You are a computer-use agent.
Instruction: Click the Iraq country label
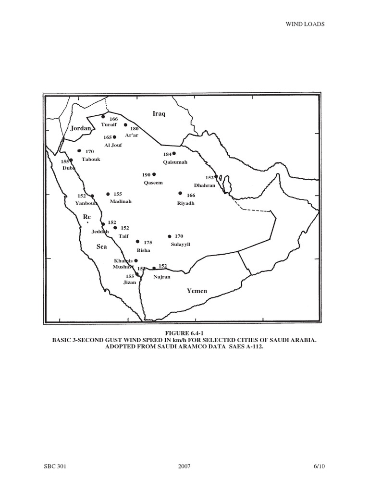[x=159, y=114]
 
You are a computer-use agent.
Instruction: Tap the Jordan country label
[x=80, y=128]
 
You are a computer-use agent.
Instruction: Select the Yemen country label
[x=197, y=291]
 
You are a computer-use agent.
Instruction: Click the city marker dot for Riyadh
[x=180, y=193]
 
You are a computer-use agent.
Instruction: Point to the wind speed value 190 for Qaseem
[x=146, y=175]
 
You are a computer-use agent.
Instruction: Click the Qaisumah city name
[x=174, y=162]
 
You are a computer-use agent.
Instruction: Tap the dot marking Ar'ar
[x=125, y=125]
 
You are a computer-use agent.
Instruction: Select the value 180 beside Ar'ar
[x=134, y=129]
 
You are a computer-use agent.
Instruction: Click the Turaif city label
[x=109, y=124]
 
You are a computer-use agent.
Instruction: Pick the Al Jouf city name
[x=113, y=145]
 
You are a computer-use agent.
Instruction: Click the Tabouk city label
[x=91, y=159]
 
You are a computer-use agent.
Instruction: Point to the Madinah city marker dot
[x=108, y=194]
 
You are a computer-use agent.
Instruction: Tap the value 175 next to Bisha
[x=148, y=243]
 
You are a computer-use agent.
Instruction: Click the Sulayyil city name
[x=180, y=244]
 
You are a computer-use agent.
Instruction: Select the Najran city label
[x=161, y=277]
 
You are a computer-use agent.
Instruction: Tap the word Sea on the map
[x=101, y=246]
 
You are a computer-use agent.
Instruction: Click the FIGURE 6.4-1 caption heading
[x=184, y=332]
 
